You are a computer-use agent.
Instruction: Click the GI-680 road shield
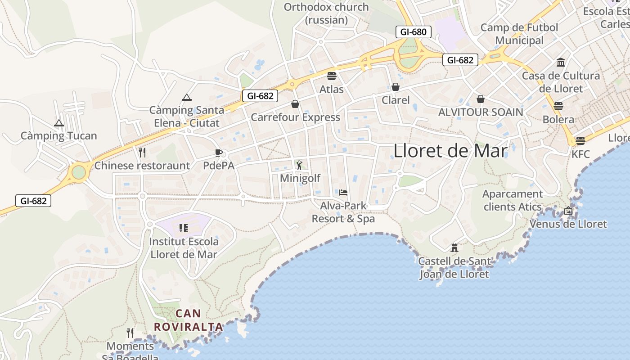414,32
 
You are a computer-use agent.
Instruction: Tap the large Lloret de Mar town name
450,151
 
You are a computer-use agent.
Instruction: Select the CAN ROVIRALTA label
189,320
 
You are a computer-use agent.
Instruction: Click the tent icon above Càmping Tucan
59,123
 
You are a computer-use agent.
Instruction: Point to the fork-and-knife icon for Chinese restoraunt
143,152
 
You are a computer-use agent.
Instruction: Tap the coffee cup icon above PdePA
219,153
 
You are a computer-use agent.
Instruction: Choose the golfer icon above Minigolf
300,165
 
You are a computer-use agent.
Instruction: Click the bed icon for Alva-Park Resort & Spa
343,193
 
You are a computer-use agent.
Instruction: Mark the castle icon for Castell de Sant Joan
454,247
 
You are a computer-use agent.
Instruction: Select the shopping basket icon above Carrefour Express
295,104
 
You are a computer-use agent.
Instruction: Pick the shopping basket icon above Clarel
396,87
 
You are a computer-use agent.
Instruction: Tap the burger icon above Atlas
332,76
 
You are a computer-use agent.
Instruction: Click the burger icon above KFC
580,140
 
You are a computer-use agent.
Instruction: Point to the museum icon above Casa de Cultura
561,62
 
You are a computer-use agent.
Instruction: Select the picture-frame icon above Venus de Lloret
568,211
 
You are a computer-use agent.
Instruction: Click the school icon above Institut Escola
183,228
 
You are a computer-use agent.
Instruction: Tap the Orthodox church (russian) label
326,13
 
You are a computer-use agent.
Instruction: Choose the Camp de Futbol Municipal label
519,34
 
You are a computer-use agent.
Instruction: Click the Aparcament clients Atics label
513,201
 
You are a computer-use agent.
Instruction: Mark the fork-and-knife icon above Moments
130,333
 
